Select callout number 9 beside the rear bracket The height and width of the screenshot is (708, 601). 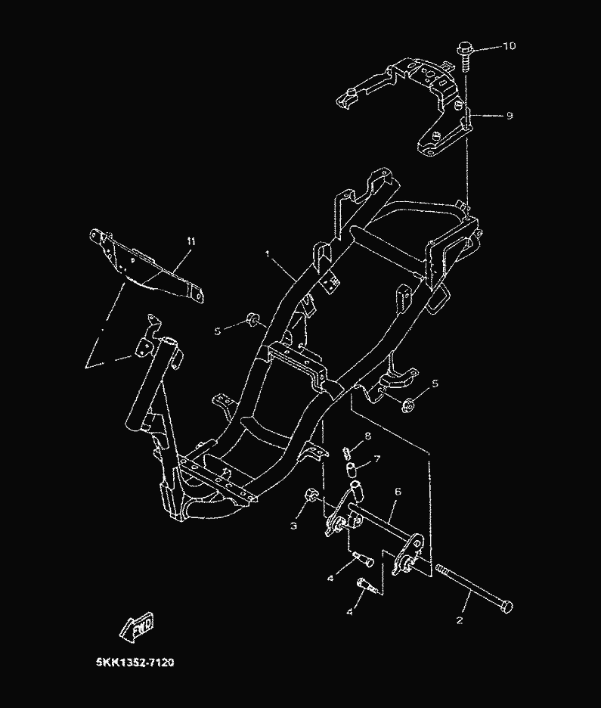click(509, 116)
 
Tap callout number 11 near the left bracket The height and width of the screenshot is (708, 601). click(191, 241)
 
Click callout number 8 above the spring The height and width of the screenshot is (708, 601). click(367, 436)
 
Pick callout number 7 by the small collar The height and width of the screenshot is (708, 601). click(376, 458)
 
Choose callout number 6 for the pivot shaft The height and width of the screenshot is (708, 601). click(398, 492)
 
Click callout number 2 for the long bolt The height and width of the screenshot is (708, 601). click(459, 619)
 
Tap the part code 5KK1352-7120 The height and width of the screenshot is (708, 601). click(135, 663)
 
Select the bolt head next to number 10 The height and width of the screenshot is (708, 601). click(463, 51)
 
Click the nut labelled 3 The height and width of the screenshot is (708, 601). click(309, 496)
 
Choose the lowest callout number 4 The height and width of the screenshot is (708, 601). click(349, 611)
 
